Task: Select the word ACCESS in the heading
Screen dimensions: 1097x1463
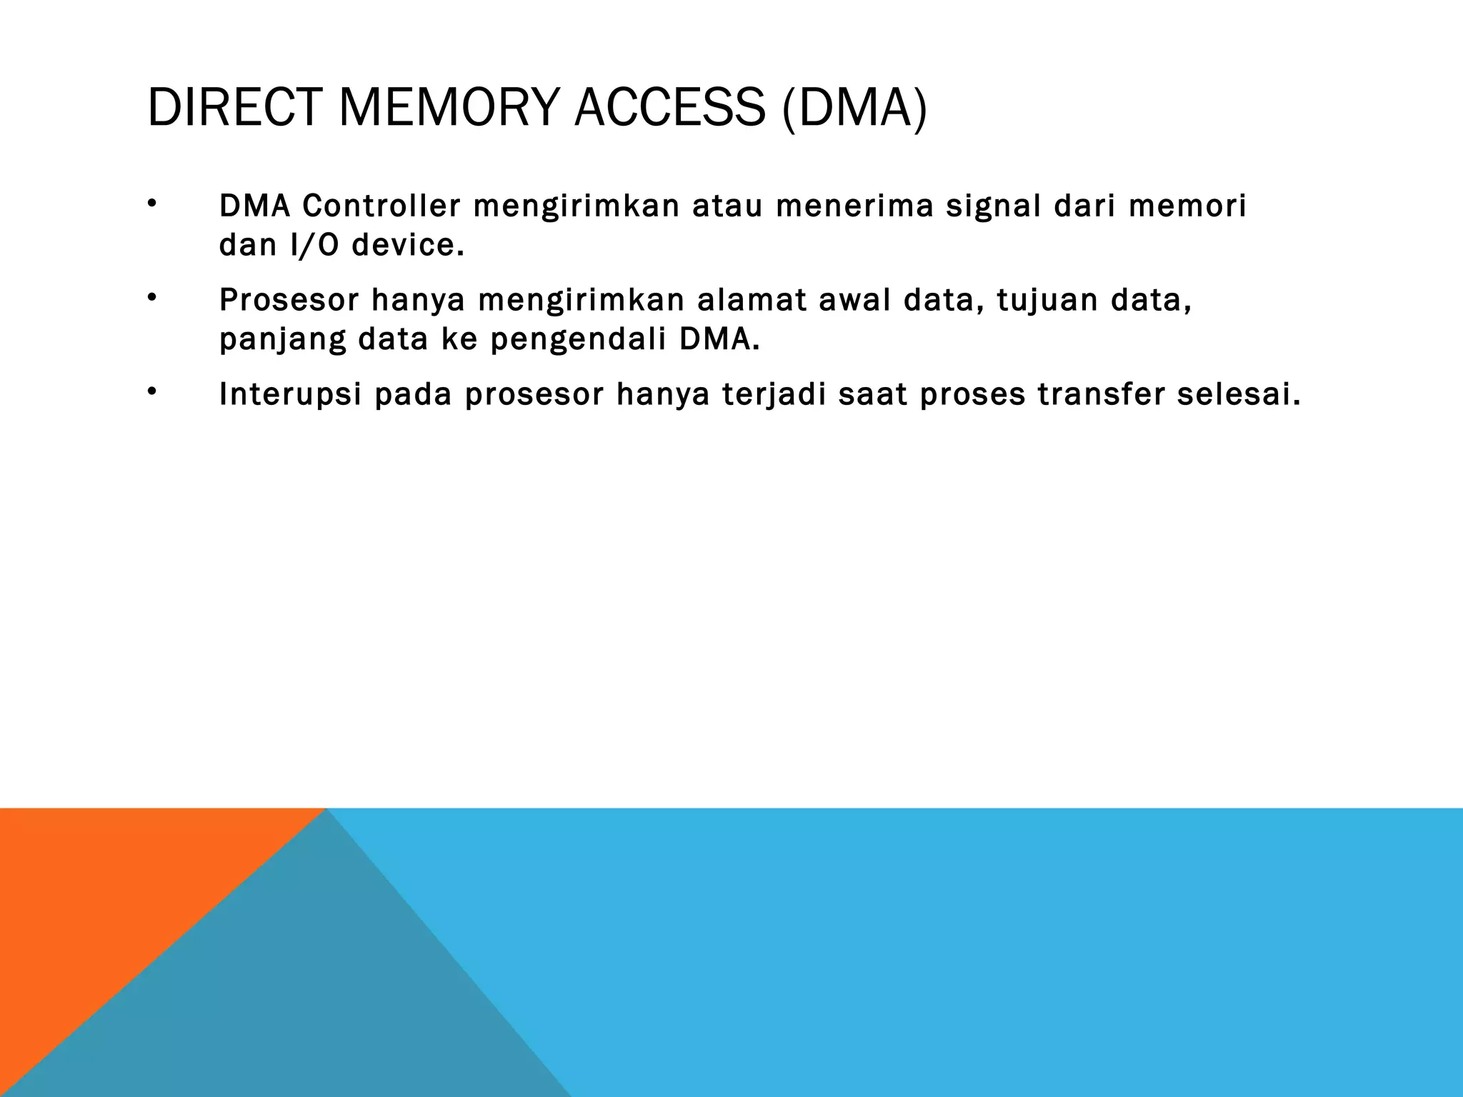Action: click(x=669, y=108)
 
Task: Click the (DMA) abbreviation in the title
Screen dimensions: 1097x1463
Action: click(x=854, y=108)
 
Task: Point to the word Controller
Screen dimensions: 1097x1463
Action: click(x=381, y=206)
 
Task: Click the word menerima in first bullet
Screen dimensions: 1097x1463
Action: click(x=854, y=206)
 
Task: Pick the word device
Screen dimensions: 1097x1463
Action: click(x=408, y=246)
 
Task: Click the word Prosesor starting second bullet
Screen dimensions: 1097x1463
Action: click(x=289, y=300)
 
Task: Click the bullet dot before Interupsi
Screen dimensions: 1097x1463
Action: click(x=151, y=391)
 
